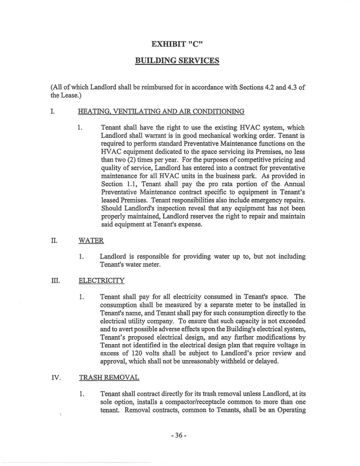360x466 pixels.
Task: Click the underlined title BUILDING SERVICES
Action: click(x=177, y=61)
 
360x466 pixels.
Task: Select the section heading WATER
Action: click(x=91, y=241)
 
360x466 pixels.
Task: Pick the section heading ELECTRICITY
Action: click(x=101, y=281)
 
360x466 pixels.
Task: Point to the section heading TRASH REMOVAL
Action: click(x=109, y=378)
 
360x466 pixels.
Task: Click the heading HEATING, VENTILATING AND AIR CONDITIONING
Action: click(x=161, y=111)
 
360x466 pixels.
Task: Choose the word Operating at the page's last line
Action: click(x=291, y=410)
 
